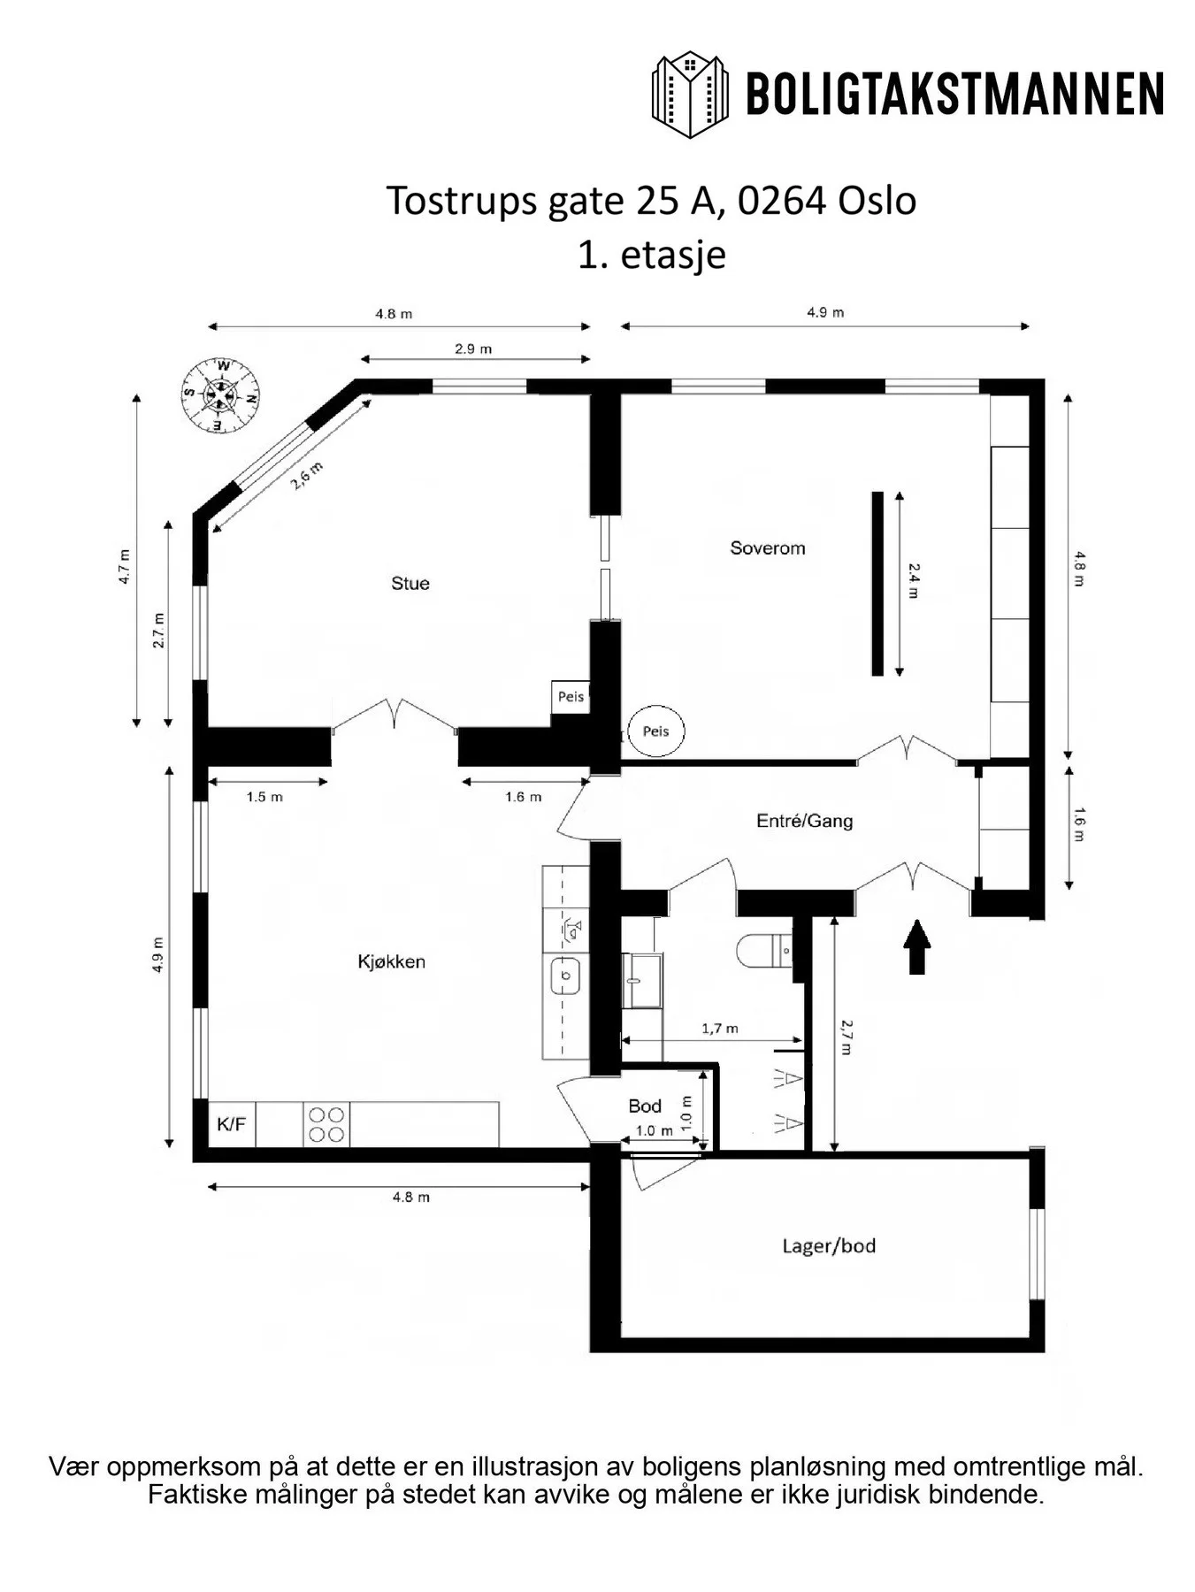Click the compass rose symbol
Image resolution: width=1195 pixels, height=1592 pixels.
pos(221,394)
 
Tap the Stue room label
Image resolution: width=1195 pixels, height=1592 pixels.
pos(410,584)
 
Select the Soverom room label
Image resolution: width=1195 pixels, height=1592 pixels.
pos(768,548)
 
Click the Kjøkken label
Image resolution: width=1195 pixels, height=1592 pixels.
pos(392,961)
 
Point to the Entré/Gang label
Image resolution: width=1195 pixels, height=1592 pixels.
pos(805,821)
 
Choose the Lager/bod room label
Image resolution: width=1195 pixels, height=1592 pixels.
pos(829,1246)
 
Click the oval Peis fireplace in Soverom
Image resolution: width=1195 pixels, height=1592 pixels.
pos(656,731)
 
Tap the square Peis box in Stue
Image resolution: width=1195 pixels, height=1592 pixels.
pos(571,697)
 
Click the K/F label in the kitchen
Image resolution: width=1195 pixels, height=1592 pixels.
pos(232,1125)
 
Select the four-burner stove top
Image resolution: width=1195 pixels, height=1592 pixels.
pos(326,1125)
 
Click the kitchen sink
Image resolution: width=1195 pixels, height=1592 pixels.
pos(565,976)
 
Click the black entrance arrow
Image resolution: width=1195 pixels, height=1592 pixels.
pos(917,946)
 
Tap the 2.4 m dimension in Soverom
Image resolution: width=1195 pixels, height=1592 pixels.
pos(913,581)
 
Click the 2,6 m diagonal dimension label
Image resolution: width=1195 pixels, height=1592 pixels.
pos(307,477)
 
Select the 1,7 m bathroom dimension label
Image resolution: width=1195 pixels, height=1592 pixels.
pos(720,1029)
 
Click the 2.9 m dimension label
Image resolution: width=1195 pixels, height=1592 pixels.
pos(473,348)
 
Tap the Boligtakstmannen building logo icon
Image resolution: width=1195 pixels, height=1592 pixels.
pos(691,95)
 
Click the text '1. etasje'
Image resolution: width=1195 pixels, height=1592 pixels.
pos(652,255)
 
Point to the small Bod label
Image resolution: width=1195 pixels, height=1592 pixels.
pos(645,1106)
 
